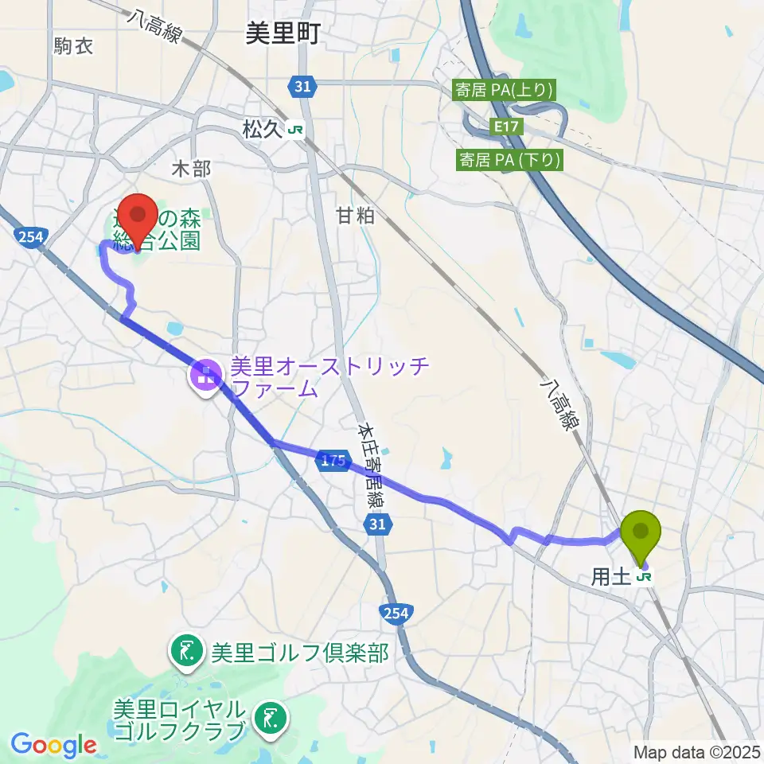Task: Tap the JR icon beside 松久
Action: pyautogui.click(x=295, y=129)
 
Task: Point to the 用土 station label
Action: pyautogui.click(x=611, y=577)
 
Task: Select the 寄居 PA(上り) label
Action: pyautogui.click(x=503, y=90)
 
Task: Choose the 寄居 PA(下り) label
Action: pyautogui.click(x=509, y=160)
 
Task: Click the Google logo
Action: pyautogui.click(x=53, y=746)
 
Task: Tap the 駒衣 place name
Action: pyautogui.click(x=74, y=46)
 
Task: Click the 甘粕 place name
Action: pyautogui.click(x=354, y=215)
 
